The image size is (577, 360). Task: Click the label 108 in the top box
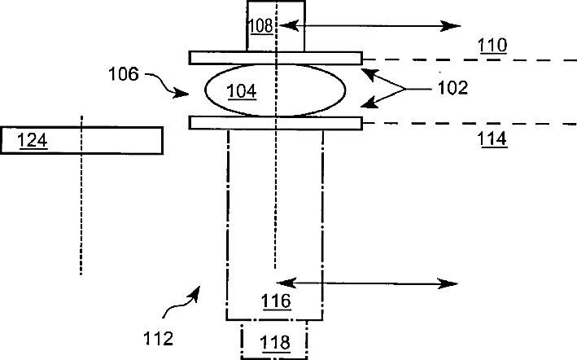tap(260, 26)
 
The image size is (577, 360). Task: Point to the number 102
tap(452, 88)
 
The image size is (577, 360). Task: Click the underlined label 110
tap(492, 46)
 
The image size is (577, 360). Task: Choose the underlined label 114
tap(492, 139)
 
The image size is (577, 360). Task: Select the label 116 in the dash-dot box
tap(275, 301)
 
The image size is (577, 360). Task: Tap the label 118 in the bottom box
tap(274, 343)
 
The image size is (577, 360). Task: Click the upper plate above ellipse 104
tap(275, 58)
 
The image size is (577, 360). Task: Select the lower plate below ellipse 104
tap(275, 123)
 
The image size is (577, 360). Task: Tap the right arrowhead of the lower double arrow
tap(451, 283)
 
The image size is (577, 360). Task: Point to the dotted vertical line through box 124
tap(81, 212)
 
